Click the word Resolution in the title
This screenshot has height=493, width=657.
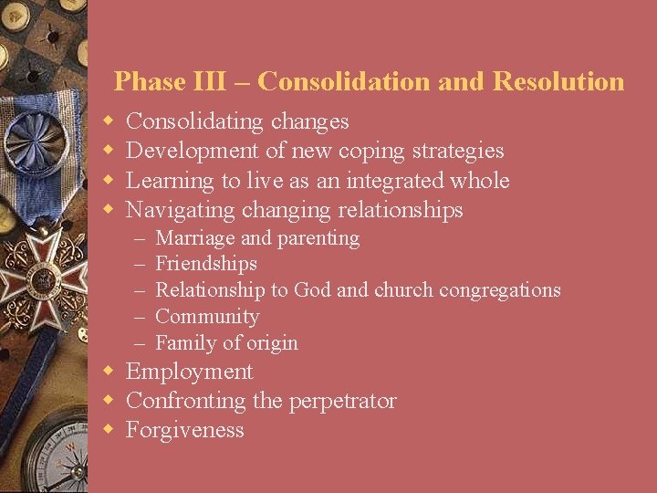558,81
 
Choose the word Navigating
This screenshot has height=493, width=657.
180,210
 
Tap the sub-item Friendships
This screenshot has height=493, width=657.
206,264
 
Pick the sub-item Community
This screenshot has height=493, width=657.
207,317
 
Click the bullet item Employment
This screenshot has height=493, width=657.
189,372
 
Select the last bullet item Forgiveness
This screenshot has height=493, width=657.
185,430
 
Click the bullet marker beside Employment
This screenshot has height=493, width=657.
108,372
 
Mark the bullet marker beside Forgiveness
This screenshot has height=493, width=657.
108,430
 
